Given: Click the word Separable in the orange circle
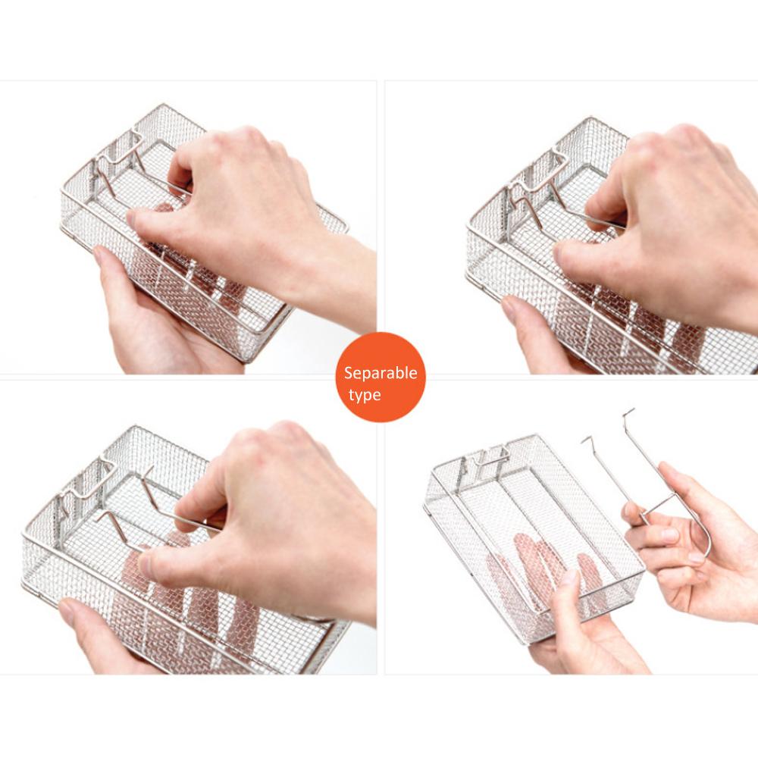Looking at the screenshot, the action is tap(381, 373).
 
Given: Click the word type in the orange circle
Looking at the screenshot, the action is tap(365, 396).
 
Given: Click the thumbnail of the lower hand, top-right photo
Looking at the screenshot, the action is tap(510, 305).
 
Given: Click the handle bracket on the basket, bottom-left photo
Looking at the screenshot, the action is tap(87, 481).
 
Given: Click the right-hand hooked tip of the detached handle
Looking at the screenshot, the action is tap(628, 412).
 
